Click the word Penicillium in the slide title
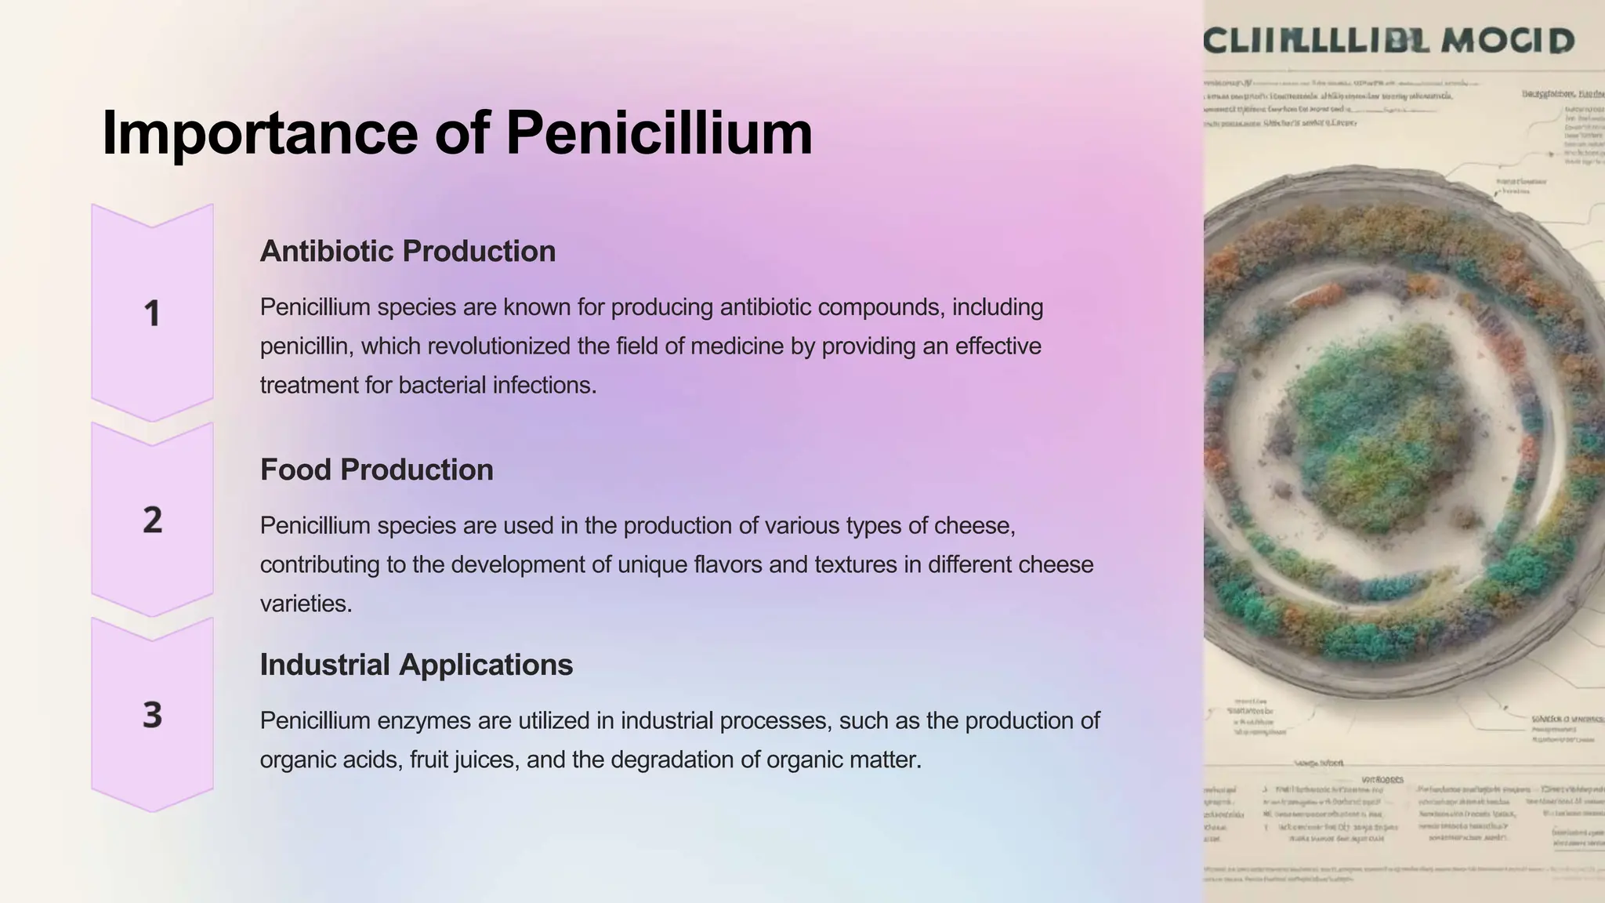pos(659,133)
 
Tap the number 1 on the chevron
pos(152,314)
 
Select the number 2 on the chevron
pos(152,520)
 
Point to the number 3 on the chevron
pos(152,715)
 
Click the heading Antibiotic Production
pos(408,252)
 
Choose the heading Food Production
pos(376,470)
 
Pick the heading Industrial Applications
pos(416,665)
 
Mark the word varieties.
pos(306,604)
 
